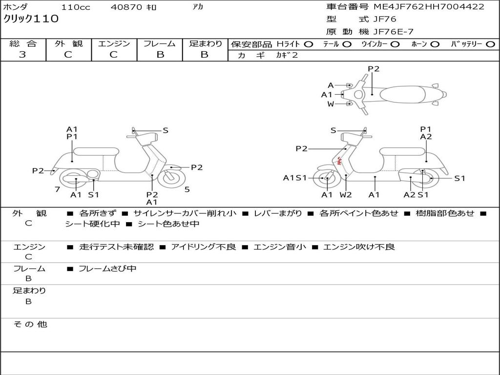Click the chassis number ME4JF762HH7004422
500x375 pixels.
point(429,7)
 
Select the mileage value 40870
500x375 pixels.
point(126,7)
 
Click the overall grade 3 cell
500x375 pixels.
point(23,55)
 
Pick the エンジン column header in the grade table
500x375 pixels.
point(114,44)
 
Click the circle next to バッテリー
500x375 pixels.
point(490,44)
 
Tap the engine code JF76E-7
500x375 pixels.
point(393,32)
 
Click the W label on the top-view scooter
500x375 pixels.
point(331,104)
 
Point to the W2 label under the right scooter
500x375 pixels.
point(346,195)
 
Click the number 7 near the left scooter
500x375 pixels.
point(57,189)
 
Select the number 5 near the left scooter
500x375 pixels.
point(187,189)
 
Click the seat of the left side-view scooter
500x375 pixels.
point(96,151)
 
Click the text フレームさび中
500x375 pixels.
point(107,269)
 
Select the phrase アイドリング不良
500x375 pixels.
point(203,247)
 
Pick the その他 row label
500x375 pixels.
point(30,324)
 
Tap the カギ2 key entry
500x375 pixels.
point(287,55)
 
